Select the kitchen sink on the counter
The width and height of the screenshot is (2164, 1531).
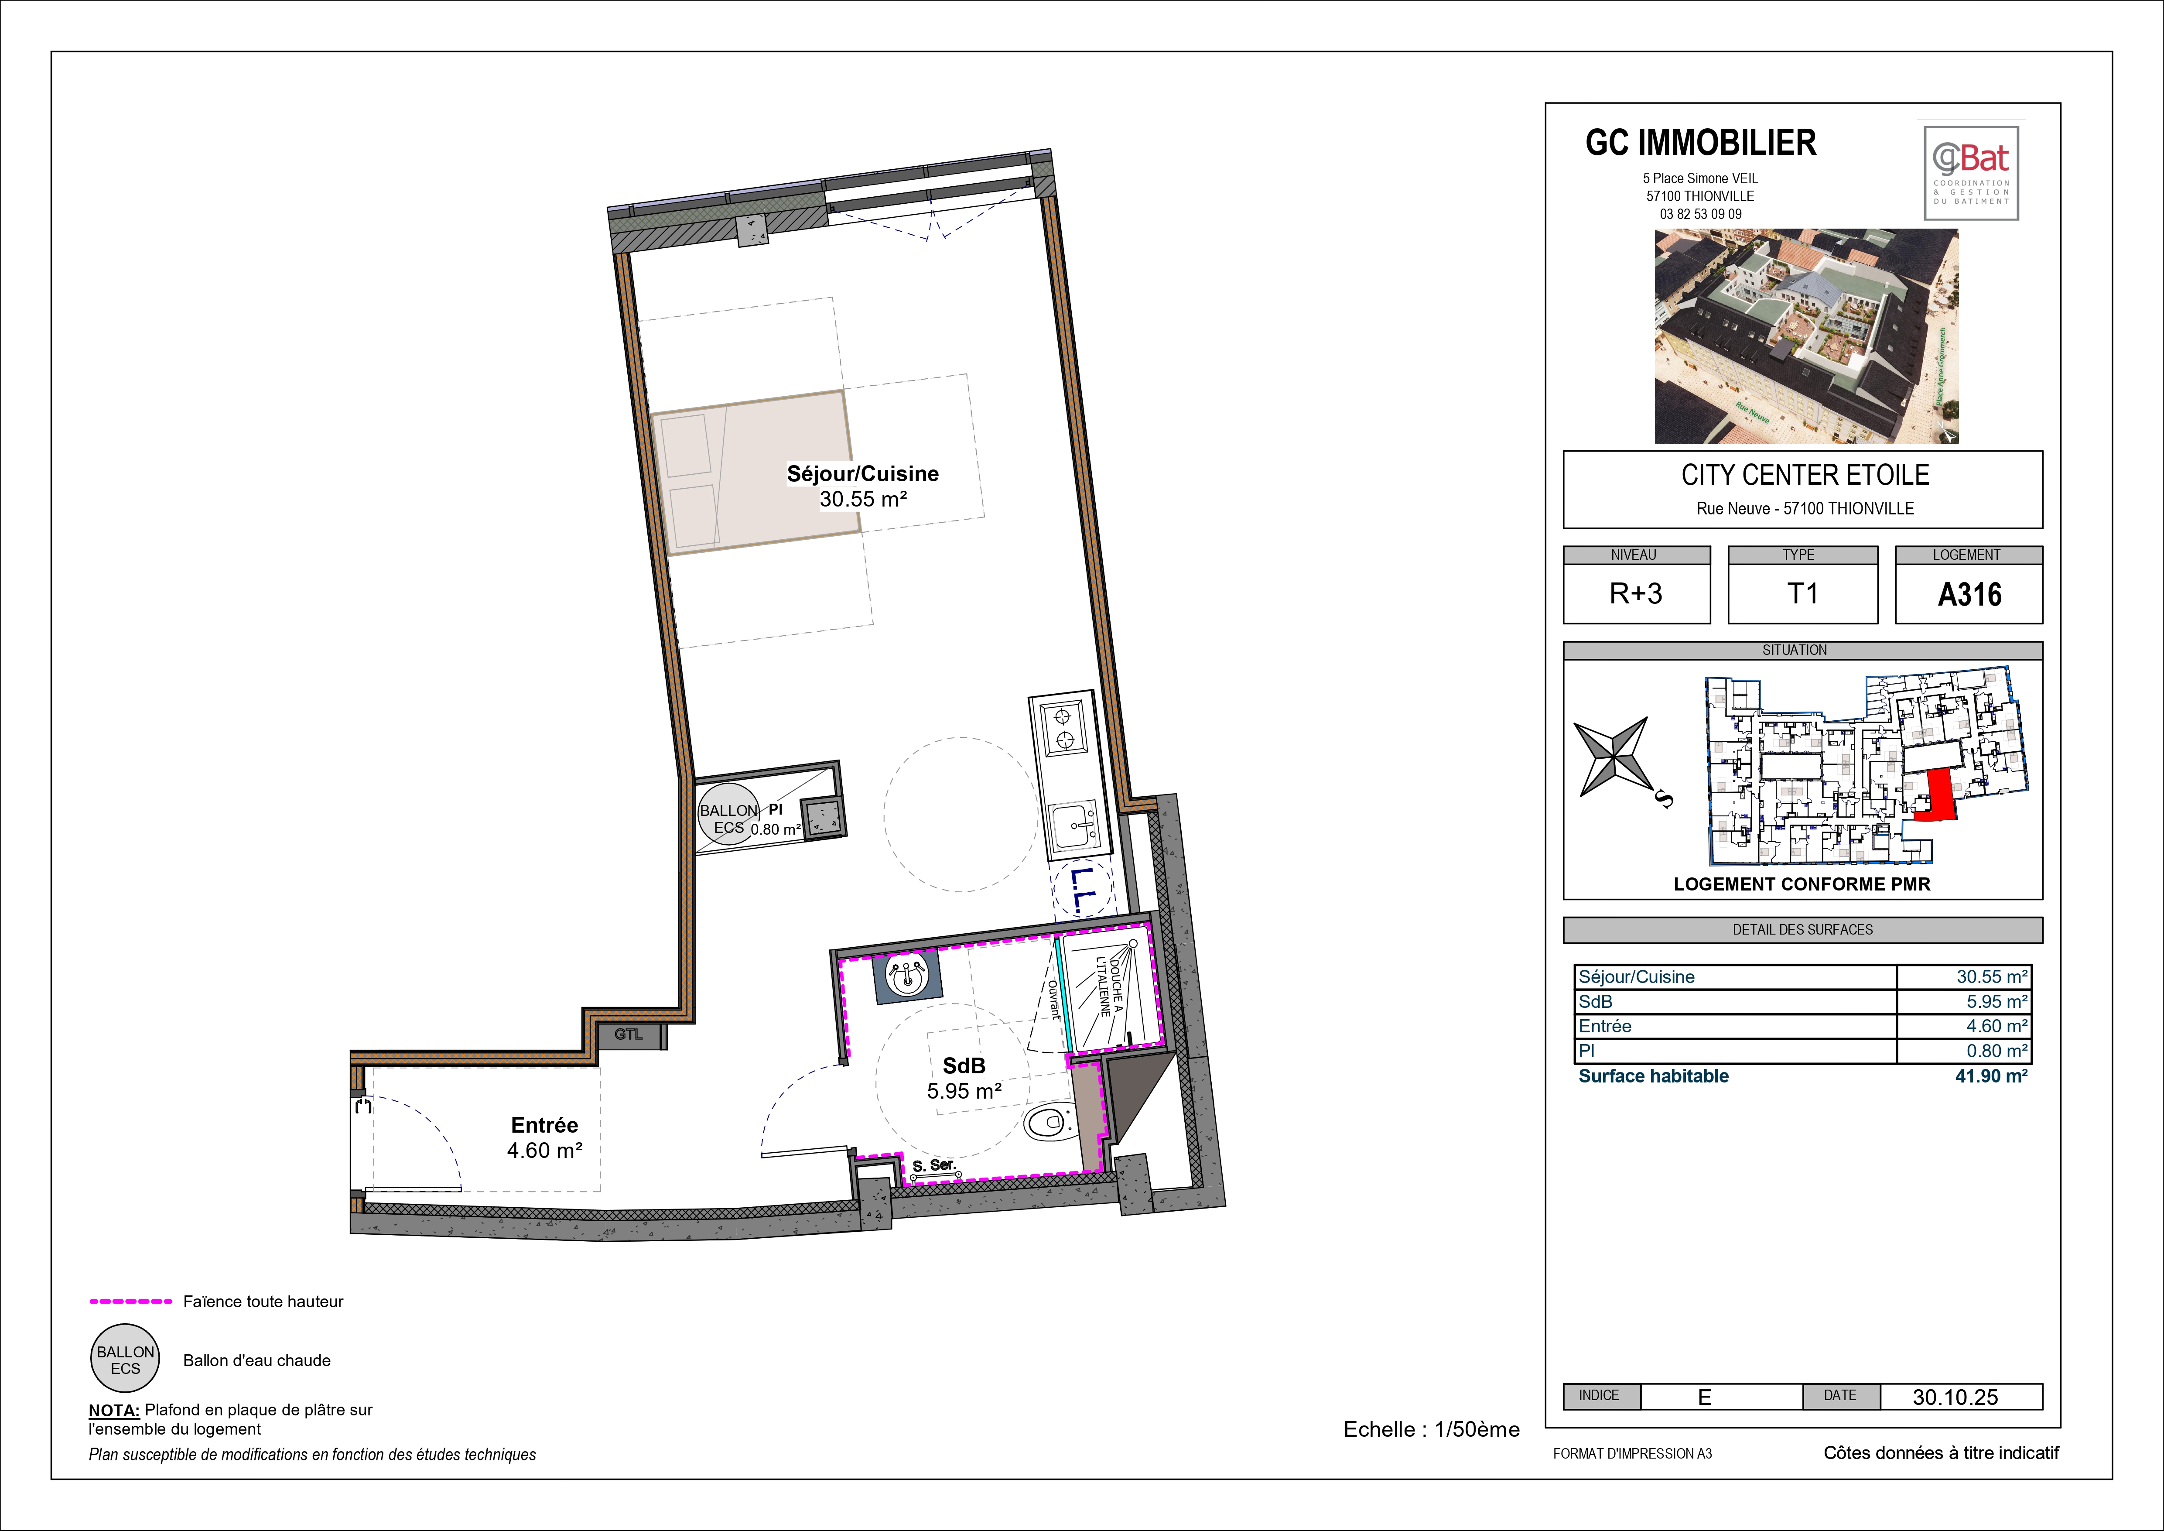pos(1074,827)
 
